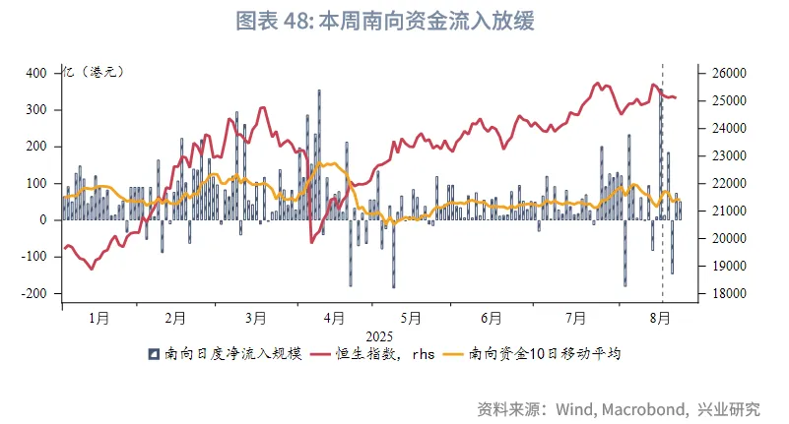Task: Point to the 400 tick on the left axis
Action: click(35, 73)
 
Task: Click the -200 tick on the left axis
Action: click(32, 293)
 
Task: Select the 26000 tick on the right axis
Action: click(724, 73)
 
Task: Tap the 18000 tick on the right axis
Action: click(724, 293)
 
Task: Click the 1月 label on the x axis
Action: click(99, 318)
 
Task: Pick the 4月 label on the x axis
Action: click(334, 318)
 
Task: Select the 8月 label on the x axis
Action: click(663, 318)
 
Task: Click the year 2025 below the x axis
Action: click(379, 334)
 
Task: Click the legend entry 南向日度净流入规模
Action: click(233, 353)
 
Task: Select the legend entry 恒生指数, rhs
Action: click(381, 353)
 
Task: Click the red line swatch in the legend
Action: click(319, 353)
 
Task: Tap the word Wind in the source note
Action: click(575, 408)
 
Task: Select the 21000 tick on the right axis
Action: click(724, 211)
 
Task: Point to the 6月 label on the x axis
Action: click(492, 318)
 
